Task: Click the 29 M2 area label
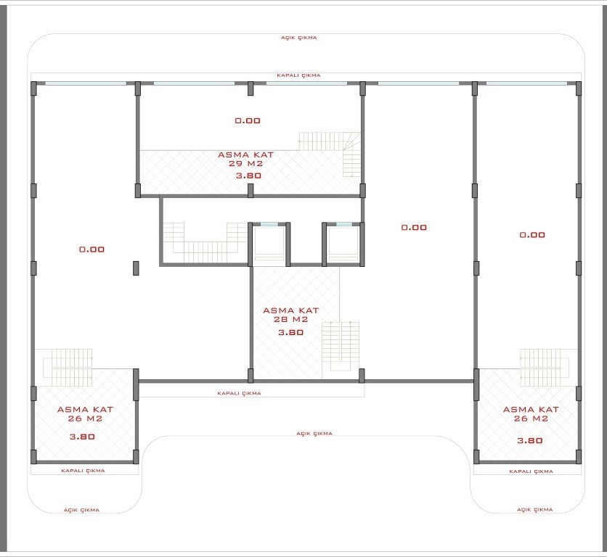245,164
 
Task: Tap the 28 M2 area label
290,320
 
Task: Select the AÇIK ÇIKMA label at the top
299,38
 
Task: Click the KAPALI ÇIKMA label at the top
298,75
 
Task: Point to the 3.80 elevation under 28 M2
290,332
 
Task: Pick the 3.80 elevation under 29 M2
248,176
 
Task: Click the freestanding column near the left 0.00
136,268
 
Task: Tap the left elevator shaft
269,244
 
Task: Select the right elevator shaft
343,244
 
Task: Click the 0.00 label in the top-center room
248,120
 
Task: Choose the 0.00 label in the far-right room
532,235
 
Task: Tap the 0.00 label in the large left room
91,249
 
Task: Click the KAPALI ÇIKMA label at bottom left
83,471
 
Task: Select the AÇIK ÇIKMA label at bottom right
534,510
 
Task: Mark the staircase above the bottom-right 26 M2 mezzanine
545,368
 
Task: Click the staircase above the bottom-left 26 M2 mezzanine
68,368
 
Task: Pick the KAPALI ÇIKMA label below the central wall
239,393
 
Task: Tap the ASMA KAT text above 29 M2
246,154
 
